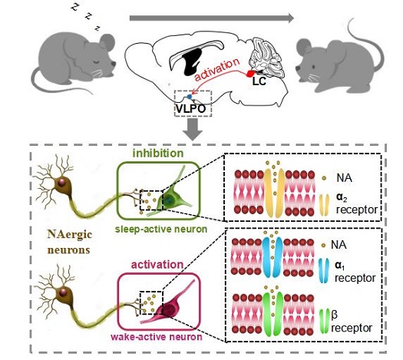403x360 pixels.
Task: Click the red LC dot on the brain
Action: tap(249, 74)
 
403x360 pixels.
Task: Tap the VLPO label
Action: tap(191, 109)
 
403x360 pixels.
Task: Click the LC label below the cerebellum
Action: tap(259, 81)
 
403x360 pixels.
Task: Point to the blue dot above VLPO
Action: tap(190, 97)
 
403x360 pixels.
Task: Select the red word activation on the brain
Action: tap(217, 69)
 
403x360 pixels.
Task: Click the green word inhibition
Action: tap(158, 154)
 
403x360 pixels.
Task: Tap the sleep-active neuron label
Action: tap(161, 229)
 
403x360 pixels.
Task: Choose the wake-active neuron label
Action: tap(157, 336)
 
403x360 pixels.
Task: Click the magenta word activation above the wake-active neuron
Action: tap(157, 265)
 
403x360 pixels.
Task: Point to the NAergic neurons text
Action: tap(69, 242)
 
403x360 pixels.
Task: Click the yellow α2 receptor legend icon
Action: tap(325, 205)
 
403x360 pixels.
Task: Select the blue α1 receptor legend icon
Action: tap(324, 271)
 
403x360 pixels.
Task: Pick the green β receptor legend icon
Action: tap(325, 321)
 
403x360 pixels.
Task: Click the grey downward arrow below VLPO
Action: tap(193, 130)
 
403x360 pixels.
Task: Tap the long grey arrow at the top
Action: tap(212, 18)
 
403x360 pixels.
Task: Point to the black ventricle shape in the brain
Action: tap(191, 61)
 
